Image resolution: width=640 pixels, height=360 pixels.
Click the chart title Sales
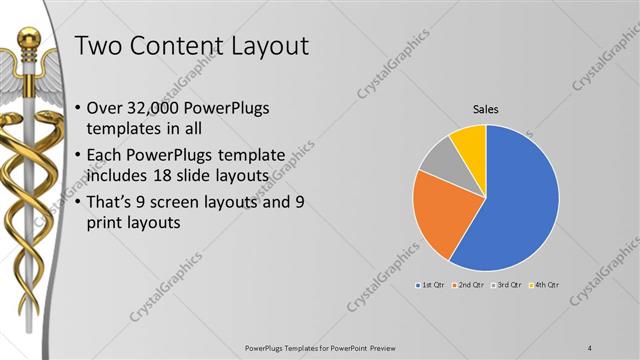pyautogui.click(x=486, y=109)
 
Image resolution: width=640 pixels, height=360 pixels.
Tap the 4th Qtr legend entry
pyautogui.click(x=543, y=285)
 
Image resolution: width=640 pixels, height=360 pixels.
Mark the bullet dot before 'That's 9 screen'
pyautogui.click(x=80, y=203)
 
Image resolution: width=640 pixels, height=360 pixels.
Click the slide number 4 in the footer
pyautogui.click(x=590, y=347)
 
